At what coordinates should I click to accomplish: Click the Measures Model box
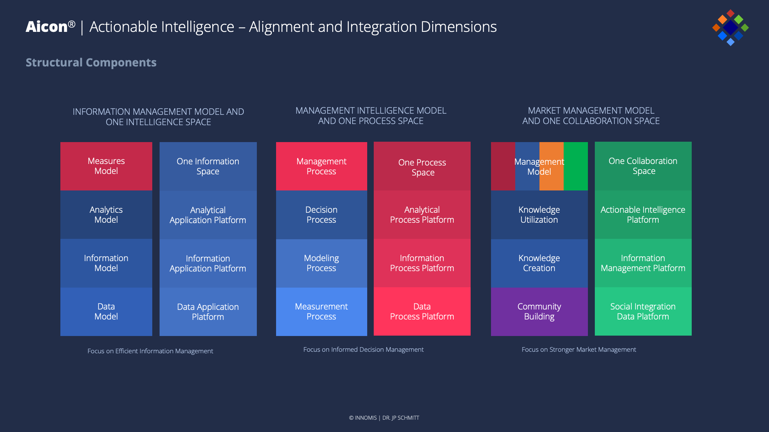(x=106, y=166)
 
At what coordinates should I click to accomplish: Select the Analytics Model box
(x=106, y=215)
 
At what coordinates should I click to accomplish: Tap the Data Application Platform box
(x=208, y=312)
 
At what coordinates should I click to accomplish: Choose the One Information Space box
(x=208, y=166)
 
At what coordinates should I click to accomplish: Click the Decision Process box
(x=321, y=215)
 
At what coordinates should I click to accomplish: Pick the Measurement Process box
(x=321, y=311)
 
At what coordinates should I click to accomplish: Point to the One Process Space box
(x=422, y=166)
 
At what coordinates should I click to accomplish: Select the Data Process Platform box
(x=422, y=311)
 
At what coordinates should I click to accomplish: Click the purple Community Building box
(x=539, y=311)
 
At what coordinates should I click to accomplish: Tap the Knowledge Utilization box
(x=539, y=215)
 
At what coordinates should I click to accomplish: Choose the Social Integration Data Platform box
(x=643, y=311)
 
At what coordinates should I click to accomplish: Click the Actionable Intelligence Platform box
(x=643, y=215)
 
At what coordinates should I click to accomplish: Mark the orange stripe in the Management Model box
(x=552, y=180)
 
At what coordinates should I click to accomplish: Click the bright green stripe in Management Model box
(x=576, y=166)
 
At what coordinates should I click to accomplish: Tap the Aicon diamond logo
(x=730, y=28)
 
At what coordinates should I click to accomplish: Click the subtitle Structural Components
(x=91, y=63)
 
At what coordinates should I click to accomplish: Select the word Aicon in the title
(x=47, y=27)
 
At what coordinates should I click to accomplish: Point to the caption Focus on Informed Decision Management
(x=363, y=349)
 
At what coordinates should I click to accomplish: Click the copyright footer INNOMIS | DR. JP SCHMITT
(x=384, y=418)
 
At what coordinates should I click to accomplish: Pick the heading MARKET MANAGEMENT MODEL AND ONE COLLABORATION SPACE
(x=591, y=116)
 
